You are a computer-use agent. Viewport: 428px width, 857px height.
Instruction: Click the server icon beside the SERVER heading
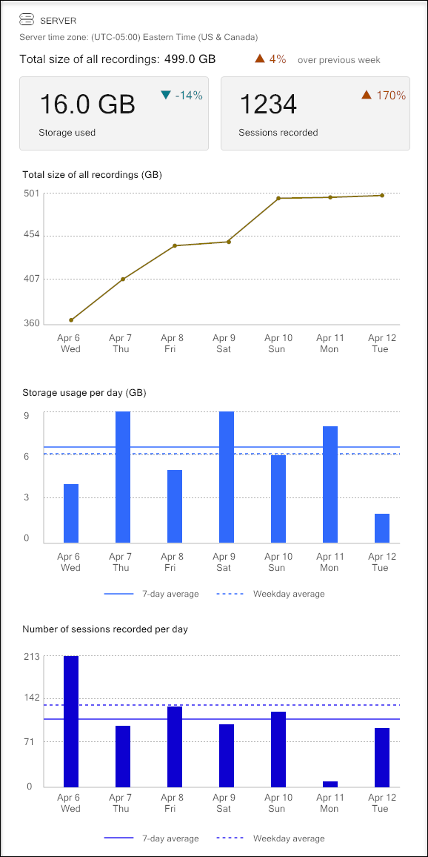(27, 20)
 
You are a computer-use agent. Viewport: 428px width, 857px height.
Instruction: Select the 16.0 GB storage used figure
(87, 105)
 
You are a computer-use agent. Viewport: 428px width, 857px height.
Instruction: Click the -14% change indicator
(182, 95)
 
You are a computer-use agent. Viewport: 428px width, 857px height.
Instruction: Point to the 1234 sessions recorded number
(267, 105)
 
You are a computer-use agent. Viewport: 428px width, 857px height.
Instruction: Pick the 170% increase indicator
(384, 95)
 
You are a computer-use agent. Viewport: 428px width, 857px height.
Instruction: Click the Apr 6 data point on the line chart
(71, 320)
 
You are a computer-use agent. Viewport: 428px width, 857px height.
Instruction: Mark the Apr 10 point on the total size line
(278, 199)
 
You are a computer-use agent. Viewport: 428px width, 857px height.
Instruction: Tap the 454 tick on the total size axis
(31, 235)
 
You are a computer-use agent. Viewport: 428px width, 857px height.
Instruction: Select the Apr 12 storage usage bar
(382, 528)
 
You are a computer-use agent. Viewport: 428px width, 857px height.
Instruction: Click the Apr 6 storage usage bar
(71, 513)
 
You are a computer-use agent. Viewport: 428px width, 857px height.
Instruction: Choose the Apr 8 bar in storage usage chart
(175, 506)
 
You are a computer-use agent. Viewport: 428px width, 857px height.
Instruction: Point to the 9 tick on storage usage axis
(27, 416)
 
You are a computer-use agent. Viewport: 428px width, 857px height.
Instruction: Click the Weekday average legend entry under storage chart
(271, 594)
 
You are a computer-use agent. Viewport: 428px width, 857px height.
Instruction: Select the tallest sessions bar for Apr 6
(71, 721)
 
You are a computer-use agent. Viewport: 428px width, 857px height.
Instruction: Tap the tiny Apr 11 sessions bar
(330, 784)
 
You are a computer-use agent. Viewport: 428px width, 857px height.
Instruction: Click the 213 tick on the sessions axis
(31, 657)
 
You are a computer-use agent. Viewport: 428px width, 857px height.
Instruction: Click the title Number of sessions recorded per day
(105, 629)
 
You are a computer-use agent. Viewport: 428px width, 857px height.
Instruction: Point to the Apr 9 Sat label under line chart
(224, 343)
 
